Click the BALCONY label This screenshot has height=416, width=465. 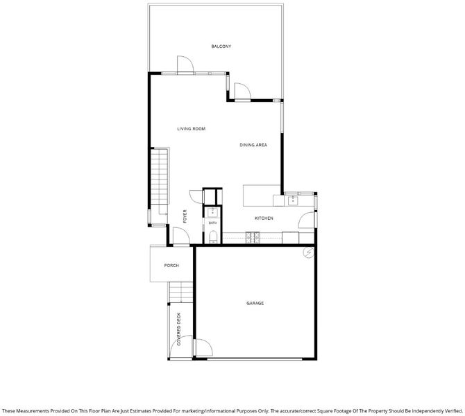point(221,46)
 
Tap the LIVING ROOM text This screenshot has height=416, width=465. point(192,129)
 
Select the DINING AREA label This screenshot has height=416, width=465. point(253,145)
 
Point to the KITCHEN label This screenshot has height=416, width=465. point(264,218)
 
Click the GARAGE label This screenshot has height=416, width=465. point(255,303)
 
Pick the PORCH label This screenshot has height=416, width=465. point(171,266)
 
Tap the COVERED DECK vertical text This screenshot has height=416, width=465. point(179,329)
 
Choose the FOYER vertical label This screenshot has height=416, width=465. point(185,216)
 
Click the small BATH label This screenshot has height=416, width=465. point(212,223)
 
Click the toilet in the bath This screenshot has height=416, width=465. point(213,236)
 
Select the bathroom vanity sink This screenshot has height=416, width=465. point(212,212)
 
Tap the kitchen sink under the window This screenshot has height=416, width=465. point(293,200)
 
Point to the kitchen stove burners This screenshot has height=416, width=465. point(253,236)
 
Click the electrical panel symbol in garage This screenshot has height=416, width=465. point(308,252)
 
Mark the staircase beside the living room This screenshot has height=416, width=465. point(160,177)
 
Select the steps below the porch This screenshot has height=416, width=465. point(181,292)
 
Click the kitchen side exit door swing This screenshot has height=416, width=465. point(306,220)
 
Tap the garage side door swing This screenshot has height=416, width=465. point(204,347)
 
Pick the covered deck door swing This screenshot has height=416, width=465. point(182,347)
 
